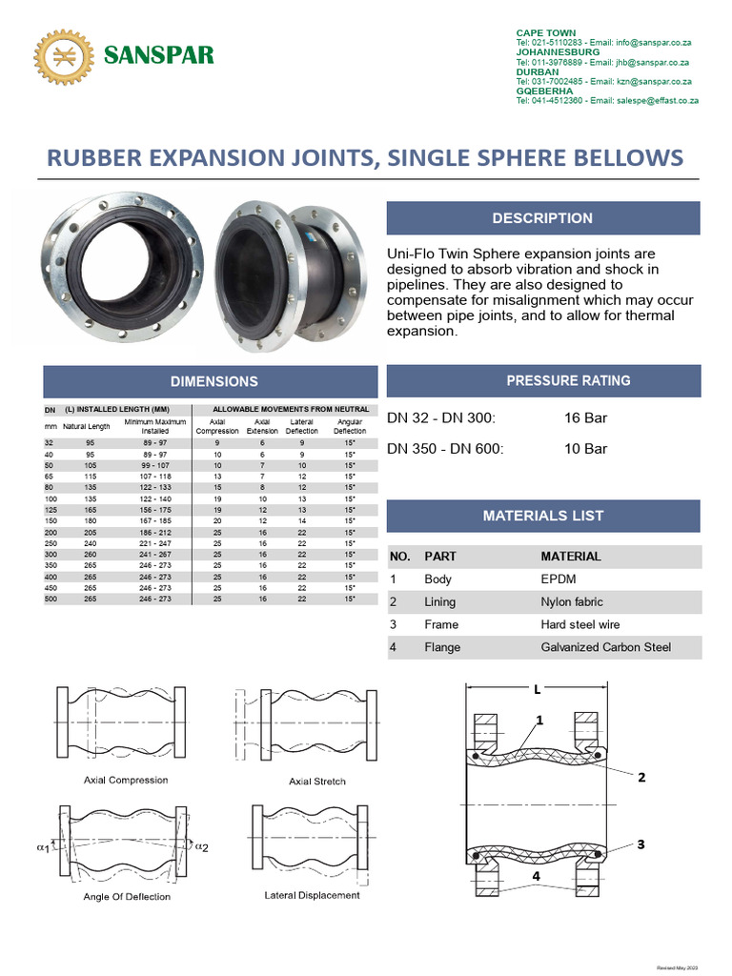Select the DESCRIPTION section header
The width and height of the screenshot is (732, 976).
click(x=542, y=218)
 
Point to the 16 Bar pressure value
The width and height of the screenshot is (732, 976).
click(x=585, y=417)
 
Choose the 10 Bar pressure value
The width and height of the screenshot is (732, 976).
click(x=585, y=448)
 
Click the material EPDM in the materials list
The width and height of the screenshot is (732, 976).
click(x=558, y=579)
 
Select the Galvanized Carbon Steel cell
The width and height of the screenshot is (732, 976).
click(x=605, y=647)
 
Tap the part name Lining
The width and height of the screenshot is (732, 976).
click(x=439, y=601)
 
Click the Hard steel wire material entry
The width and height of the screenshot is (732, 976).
click(x=579, y=624)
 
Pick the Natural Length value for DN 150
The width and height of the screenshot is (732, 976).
click(x=91, y=521)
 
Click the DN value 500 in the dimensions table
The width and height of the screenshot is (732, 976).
click(x=50, y=600)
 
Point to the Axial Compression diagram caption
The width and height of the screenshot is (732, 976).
click(x=126, y=780)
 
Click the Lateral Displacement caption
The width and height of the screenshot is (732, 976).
click(x=312, y=895)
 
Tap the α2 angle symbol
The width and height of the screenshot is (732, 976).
click(x=200, y=846)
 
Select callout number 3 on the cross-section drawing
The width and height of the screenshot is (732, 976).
click(x=641, y=844)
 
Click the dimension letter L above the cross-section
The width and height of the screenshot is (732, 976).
click(x=538, y=688)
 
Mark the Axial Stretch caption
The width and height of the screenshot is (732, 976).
click(x=316, y=782)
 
